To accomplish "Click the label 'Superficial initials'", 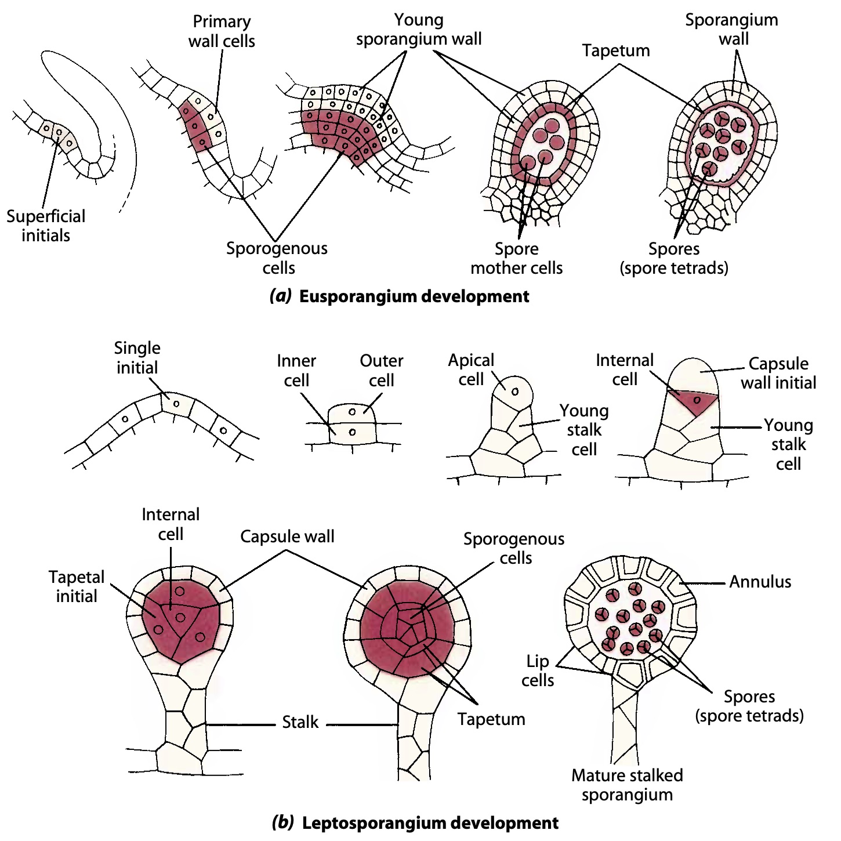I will (x=46, y=226).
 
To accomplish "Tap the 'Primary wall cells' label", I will (x=222, y=31).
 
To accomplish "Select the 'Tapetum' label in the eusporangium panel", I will (x=616, y=50).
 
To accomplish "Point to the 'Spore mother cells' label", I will (x=516, y=258).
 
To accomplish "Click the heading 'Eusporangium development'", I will (x=400, y=296).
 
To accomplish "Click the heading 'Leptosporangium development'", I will (x=415, y=822).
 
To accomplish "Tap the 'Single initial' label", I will (x=137, y=357).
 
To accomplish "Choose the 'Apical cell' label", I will (x=471, y=369).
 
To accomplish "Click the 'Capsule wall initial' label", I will (x=778, y=373).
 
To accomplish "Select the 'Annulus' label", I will (x=760, y=582).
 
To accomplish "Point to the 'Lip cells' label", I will (x=538, y=670).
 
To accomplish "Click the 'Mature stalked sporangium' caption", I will (x=627, y=785).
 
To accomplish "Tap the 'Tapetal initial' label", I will (x=77, y=586).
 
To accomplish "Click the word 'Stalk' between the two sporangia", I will (x=300, y=722).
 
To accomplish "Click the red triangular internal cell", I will (x=694, y=401).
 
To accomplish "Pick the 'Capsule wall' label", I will (x=287, y=536).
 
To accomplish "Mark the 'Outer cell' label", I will (x=381, y=370).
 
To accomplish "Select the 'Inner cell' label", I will (x=296, y=370).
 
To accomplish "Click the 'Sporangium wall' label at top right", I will (x=731, y=29).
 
